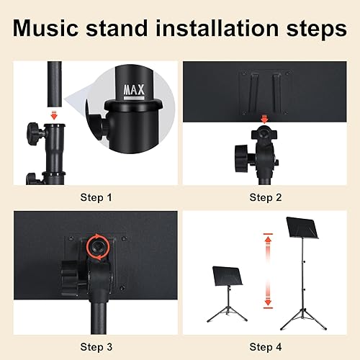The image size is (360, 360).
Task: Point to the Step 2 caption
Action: pyautogui.click(x=266, y=197)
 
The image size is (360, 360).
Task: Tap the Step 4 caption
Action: pyautogui.click(x=266, y=347)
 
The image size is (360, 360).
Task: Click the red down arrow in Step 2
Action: pyautogui.click(x=265, y=119)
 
